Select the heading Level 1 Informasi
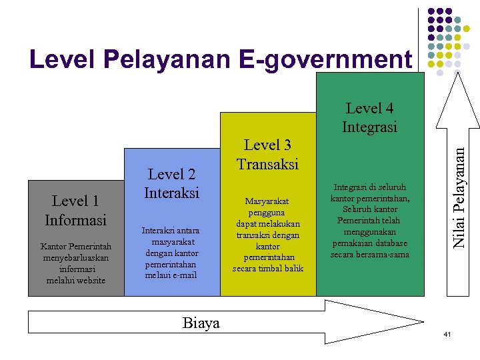(75, 210)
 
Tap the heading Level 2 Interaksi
(172, 183)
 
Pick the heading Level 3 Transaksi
(267, 154)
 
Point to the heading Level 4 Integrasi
(369, 117)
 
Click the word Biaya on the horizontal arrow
(201, 323)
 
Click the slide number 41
(448, 333)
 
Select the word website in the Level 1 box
(89, 280)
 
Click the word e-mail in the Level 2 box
(183, 275)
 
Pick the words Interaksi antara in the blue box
(171, 230)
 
